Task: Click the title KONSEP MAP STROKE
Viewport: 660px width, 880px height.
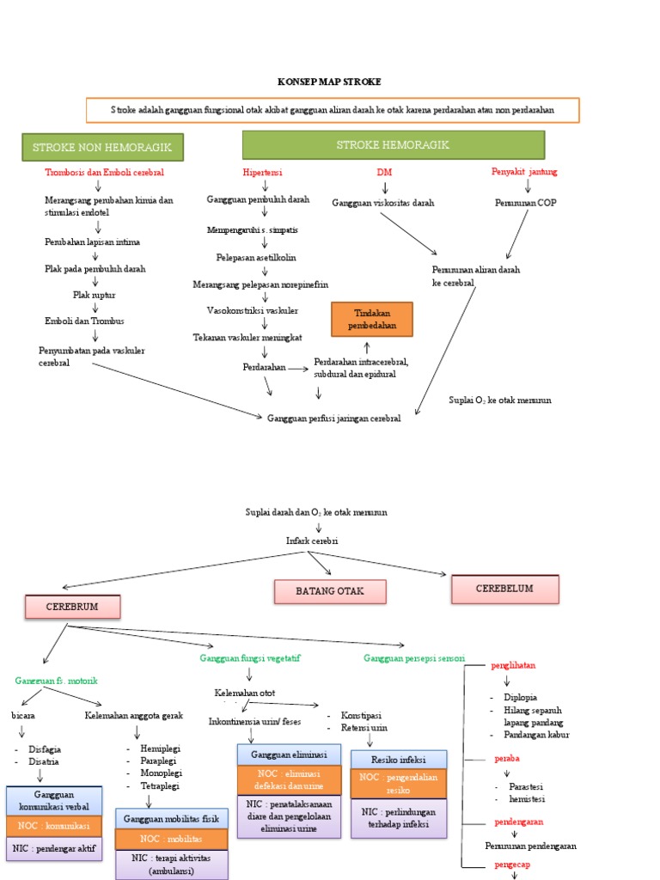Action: click(329, 82)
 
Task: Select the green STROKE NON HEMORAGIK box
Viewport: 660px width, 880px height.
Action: click(102, 147)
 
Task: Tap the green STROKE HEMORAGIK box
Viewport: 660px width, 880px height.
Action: click(393, 145)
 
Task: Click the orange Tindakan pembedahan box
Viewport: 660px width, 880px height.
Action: click(372, 319)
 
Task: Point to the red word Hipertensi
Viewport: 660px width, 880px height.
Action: click(264, 172)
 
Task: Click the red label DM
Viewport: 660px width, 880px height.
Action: click(384, 172)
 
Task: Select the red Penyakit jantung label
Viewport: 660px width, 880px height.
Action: click(524, 172)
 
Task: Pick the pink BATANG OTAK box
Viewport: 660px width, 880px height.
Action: click(330, 591)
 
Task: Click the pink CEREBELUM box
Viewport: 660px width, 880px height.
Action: click(504, 589)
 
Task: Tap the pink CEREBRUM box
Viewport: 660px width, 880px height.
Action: click(72, 607)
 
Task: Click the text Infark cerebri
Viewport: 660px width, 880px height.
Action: click(312, 541)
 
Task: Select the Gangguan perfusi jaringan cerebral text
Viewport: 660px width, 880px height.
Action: click(333, 418)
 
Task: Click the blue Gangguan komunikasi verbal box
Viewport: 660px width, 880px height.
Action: click(54, 801)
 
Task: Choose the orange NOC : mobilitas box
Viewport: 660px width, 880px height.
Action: click(172, 839)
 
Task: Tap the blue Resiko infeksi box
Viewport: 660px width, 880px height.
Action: click(399, 760)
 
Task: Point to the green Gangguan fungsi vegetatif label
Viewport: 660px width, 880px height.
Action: click(250, 657)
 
